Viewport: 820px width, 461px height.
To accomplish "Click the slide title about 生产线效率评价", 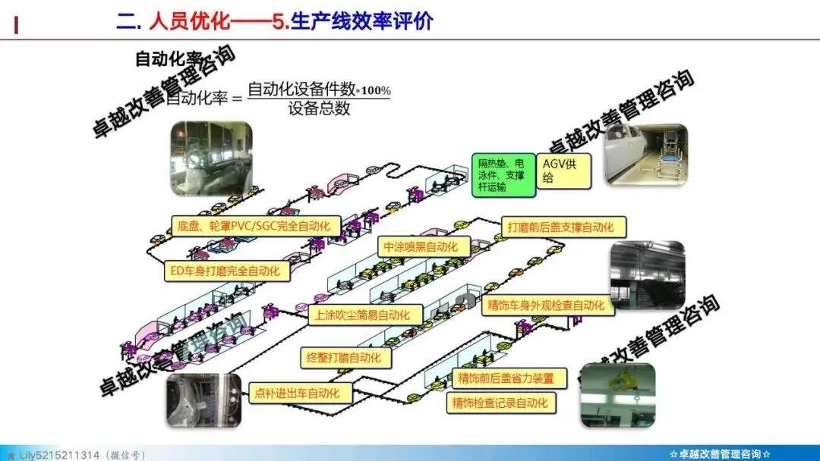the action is click(274, 21).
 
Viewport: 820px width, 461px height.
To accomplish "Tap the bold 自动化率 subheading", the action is click(169, 58).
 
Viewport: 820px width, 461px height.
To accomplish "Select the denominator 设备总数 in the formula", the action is click(319, 108).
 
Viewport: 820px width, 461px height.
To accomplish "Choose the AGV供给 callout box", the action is click(564, 171).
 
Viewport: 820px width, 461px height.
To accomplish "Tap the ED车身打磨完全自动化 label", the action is click(228, 271).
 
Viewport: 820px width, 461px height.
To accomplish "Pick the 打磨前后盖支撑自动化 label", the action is click(565, 227).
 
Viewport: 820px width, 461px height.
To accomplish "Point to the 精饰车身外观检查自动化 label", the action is click(547, 305).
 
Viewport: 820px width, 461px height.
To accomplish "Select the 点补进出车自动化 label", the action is click(302, 393).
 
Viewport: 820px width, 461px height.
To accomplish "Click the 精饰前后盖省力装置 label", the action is click(506, 378).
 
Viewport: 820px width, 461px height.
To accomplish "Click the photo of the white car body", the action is click(645, 155).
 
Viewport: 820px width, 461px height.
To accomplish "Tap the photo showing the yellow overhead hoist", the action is click(617, 395).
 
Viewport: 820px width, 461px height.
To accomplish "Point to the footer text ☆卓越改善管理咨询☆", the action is click(721, 453).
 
